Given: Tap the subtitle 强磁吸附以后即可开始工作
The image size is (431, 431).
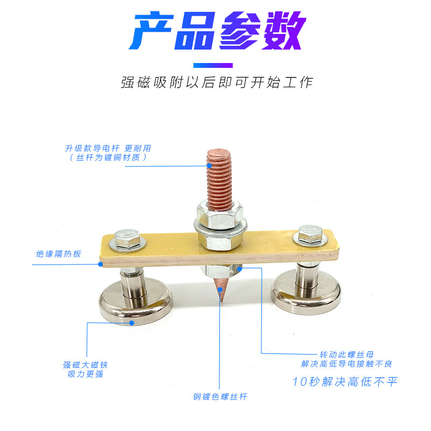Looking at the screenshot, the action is tap(216, 82).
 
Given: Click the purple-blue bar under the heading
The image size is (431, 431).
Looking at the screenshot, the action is tap(215, 65).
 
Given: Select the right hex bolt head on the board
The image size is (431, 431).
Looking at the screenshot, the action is tap(307, 235).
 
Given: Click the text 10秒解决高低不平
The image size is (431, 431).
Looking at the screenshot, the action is tap(345, 382).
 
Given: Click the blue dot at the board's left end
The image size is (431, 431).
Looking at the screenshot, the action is tap(101, 264).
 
